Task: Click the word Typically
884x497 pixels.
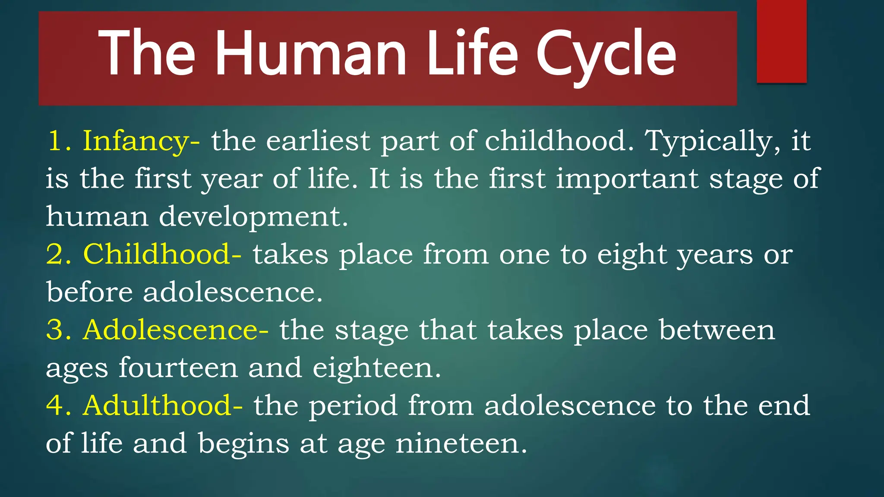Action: [x=713, y=142]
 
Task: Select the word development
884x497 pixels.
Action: [x=253, y=217]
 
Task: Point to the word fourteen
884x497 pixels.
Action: [x=178, y=368]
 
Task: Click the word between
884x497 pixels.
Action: [x=717, y=330]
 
